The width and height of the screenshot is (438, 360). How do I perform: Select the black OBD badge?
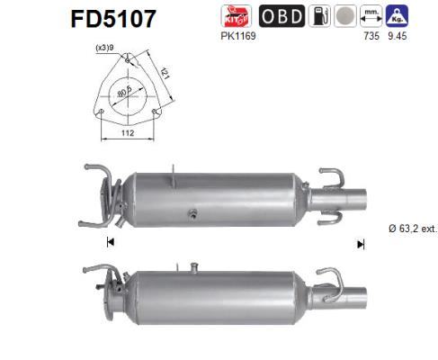pyautogui.click(x=281, y=15)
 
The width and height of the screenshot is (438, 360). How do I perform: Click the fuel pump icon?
pyautogui.click(x=317, y=15)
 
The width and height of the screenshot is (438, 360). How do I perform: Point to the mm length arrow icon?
pyautogui.click(x=370, y=15)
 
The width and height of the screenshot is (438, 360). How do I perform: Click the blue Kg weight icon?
pyautogui.click(x=397, y=15)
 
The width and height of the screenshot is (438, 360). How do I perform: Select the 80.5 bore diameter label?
pyautogui.click(x=134, y=90)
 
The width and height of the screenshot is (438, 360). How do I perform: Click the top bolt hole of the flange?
pyautogui.click(x=129, y=60)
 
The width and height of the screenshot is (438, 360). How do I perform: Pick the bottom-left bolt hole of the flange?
pyautogui.click(x=103, y=112)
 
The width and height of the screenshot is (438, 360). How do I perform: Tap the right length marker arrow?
pyautogui.click(x=361, y=243)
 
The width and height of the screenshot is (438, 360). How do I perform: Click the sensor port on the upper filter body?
pyautogui.click(x=192, y=213)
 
